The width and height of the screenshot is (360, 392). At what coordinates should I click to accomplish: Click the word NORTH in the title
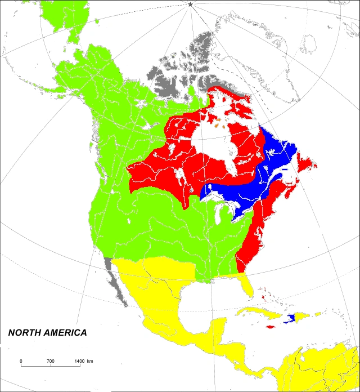[x=26, y=333]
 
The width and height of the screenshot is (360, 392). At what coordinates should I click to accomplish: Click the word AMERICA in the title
[x=66, y=333]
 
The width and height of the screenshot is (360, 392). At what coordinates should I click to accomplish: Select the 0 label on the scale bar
[x=21, y=360]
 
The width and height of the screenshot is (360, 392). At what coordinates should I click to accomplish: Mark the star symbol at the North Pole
[x=190, y=5]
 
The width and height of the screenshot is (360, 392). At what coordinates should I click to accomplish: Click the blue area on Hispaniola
[x=291, y=318]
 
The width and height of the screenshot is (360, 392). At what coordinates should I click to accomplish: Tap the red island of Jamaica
[x=271, y=327]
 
